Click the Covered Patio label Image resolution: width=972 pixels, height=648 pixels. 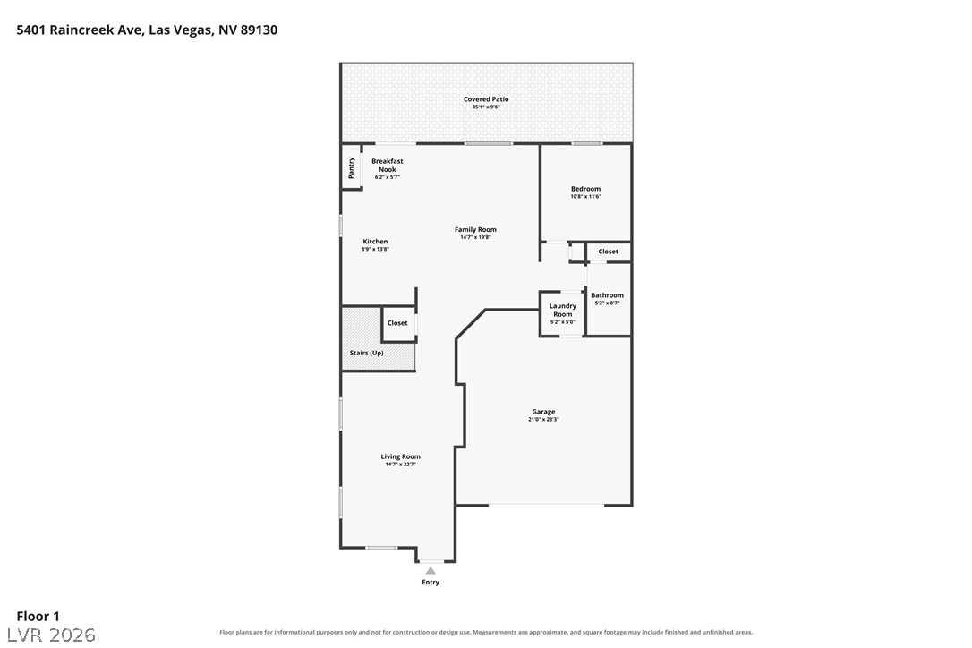point(486,99)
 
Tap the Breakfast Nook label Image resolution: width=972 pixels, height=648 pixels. point(388,165)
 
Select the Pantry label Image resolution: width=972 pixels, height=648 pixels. point(352,167)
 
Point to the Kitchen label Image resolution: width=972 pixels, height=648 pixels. point(375,242)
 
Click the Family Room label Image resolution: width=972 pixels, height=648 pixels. point(475,229)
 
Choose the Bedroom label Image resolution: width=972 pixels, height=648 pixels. point(586,189)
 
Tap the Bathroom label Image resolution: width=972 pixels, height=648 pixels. point(608,295)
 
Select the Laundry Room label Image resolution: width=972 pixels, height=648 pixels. point(563,310)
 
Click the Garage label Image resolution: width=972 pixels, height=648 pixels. point(543,411)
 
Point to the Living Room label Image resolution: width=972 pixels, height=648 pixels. point(400,456)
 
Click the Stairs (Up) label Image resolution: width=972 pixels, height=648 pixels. point(366,353)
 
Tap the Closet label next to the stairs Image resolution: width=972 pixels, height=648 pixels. point(397,323)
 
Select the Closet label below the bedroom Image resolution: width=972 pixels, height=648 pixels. point(608,252)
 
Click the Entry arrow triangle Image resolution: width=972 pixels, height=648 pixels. point(431,570)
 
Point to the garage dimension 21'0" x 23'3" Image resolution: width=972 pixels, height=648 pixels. point(543,419)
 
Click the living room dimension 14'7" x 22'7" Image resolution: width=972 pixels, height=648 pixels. point(400,464)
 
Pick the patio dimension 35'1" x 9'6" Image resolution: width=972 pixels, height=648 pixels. point(486,107)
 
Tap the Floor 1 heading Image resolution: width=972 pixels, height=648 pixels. point(38,616)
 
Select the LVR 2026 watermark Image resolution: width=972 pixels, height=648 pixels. point(51,635)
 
